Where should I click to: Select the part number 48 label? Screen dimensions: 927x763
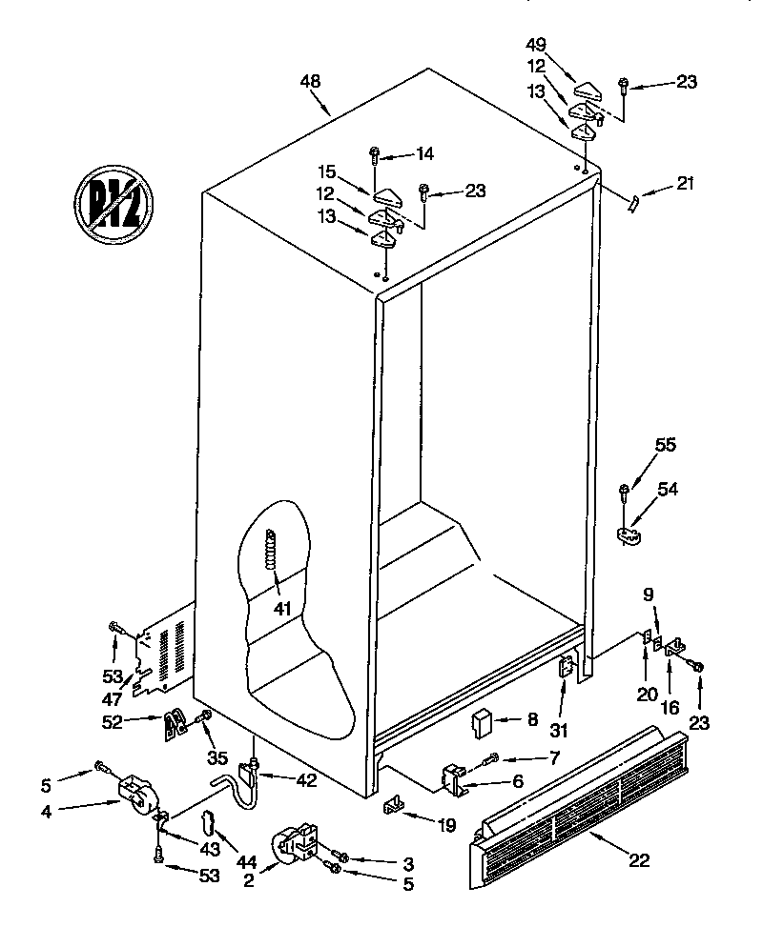pos(310,82)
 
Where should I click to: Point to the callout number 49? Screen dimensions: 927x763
pos(536,44)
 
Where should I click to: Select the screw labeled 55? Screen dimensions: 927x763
pos(625,492)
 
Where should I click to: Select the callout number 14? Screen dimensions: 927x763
pos(423,153)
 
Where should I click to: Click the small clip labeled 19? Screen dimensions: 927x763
pos(392,808)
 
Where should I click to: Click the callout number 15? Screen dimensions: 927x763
pos(327,172)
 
